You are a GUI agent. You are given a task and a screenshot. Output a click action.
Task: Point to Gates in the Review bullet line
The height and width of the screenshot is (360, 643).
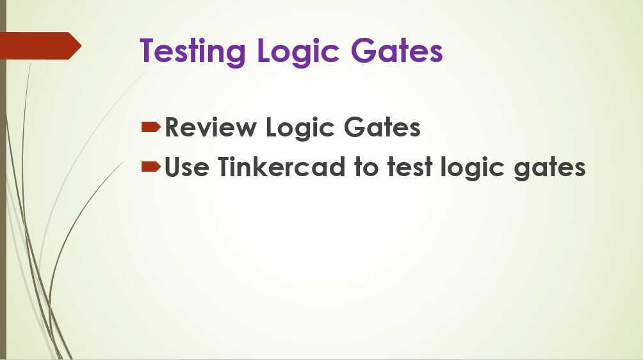pyautogui.click(x=382, y=127)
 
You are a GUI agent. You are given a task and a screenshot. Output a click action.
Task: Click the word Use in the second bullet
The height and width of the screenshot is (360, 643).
pyautogui.click(x=186, y=168)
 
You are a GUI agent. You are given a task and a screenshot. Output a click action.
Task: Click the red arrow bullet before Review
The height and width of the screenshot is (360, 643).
pyautogui.click(x=151, y=127)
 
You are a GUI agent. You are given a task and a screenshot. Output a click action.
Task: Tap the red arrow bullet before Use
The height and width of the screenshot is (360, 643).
pyautogui.click(x=151, y=167)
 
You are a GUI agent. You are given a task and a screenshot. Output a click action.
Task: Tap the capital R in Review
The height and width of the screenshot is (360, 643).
pyautogui.click(x=174, y=127)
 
